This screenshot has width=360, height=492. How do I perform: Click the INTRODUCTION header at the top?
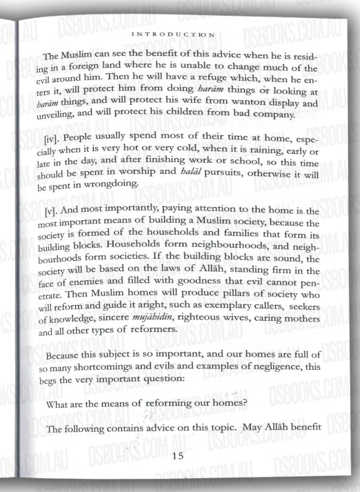(x=182, y=32)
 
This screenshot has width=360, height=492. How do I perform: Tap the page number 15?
(x=177, y=456)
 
